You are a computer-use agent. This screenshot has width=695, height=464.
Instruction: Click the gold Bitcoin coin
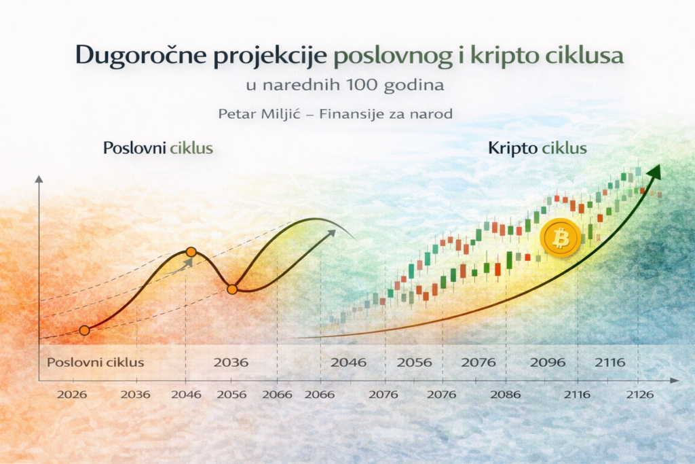coord(561,238)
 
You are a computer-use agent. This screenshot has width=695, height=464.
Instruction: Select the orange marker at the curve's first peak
coord(191,252)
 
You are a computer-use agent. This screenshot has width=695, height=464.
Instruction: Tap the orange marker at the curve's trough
coord(231,289)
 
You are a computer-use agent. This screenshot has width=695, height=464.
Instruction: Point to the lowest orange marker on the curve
coord(84,330)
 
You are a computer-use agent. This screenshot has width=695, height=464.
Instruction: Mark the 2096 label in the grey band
coord(547,362)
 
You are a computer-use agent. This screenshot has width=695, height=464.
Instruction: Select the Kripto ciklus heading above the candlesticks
coord(537,147)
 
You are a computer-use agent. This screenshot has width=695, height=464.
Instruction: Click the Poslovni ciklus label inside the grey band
coord(95,362)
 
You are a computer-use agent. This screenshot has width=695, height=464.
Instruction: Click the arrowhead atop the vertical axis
coord(39,179)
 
